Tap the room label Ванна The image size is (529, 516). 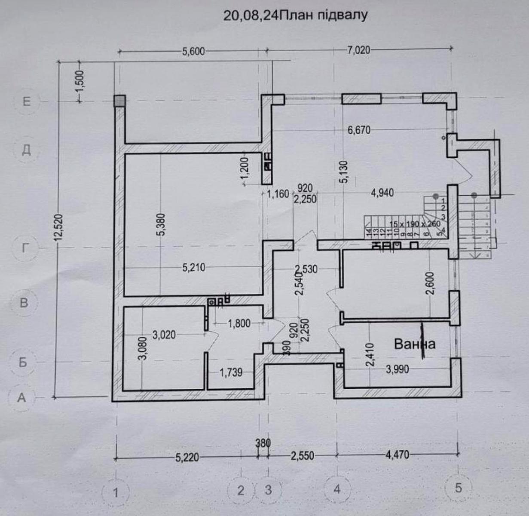click(x=415, y=344)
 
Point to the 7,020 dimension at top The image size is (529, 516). click(x=358, y=50)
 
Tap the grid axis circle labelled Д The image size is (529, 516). click(x=27, y=150)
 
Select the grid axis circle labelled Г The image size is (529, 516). click(x=27, y=248)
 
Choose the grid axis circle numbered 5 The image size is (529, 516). click(x=458, y=488)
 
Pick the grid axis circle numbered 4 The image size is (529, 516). click(x=336, y=489)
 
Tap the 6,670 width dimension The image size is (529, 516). click(x=359, y=129)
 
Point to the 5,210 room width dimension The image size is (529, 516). click(x=194, y=268)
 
